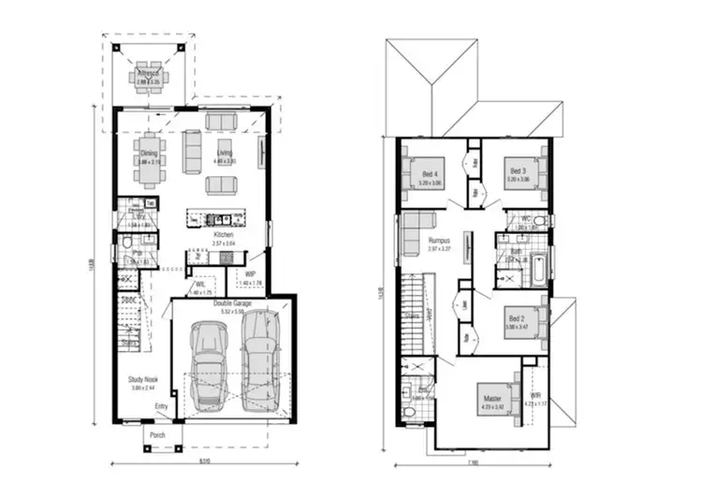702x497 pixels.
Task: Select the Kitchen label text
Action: (x=223, y=234)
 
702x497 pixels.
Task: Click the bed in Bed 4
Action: (x=418, y=172)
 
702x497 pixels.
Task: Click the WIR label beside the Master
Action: (x=535, y=397)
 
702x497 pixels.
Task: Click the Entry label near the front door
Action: (x=161, y=405)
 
